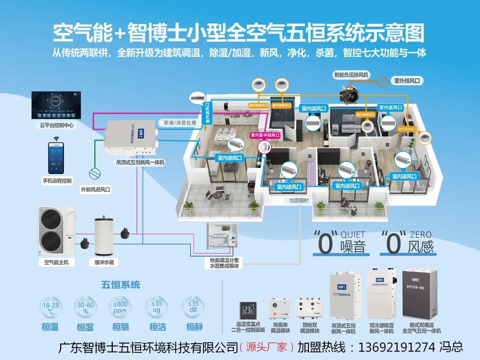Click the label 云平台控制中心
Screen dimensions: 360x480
(56, 126)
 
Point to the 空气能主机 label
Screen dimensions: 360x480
(56, 263)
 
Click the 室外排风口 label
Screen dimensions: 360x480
(407, 81)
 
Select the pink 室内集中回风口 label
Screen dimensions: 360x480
(265, 135)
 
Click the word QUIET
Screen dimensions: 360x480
(353, 234)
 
